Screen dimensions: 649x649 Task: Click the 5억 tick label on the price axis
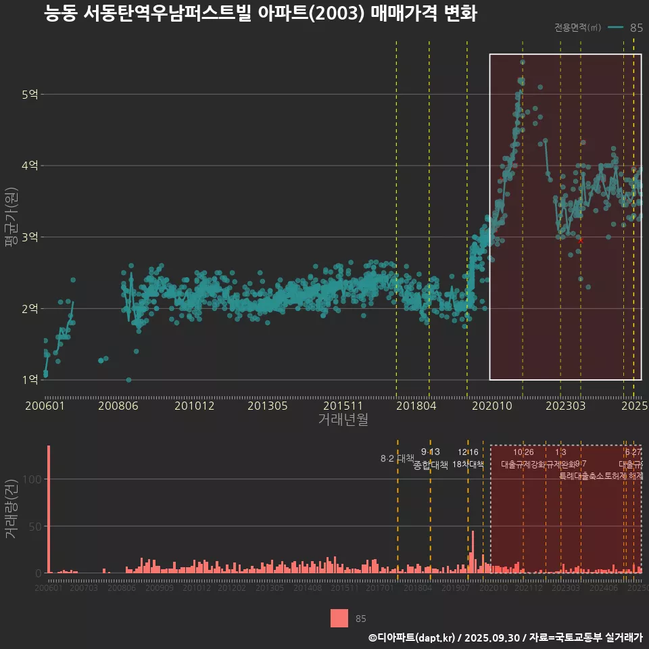(x=30, y=95)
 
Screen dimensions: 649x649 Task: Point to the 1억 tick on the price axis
(x=30, y=380)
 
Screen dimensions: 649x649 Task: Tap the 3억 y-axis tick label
(x=30, y=237)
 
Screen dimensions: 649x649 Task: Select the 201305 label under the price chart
(x=268, y=406)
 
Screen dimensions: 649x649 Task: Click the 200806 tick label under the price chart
(x=118, y=406)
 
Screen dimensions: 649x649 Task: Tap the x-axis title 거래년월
(x=343, y=420)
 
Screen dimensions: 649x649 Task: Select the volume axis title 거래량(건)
(x=10, y=509)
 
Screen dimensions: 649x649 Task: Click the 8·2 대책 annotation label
(x=398, y=458)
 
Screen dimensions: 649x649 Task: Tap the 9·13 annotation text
(x=431, y=452)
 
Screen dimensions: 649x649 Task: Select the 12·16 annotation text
(x=468, y=452)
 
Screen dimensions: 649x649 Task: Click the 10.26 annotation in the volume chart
(x=523, y=452)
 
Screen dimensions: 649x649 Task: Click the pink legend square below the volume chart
(x=339, y=619)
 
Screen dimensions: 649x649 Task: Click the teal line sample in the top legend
(x=615, y=28)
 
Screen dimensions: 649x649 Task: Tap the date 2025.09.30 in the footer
(x=492, y=638)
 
